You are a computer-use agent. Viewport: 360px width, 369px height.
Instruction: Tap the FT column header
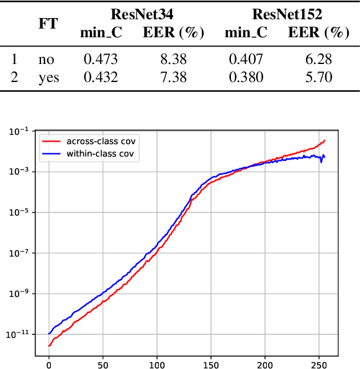click(x=48, y=24)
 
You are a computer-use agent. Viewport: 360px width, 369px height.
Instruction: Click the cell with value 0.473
click(x=100, y=60)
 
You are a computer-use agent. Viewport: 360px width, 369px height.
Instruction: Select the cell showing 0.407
click(x=245, y=60)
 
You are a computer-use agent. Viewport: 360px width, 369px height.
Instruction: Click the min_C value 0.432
click(x=100, y=77)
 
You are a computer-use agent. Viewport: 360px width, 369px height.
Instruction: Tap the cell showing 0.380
click(x=245, y=77)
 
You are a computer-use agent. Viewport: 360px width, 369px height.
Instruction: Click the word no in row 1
click(x=46, y=60)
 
